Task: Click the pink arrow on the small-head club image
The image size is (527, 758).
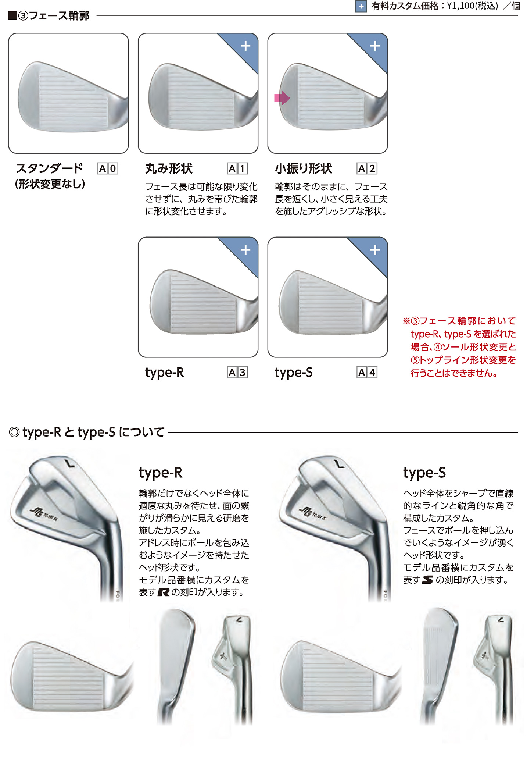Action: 282,98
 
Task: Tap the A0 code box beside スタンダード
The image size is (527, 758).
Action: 108,168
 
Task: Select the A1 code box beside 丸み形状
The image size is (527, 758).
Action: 237,168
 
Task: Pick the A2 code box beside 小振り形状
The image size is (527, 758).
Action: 367,168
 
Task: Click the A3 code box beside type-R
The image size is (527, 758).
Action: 237,373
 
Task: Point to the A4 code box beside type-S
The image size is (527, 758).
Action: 367,373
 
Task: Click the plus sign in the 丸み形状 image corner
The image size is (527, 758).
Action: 245,46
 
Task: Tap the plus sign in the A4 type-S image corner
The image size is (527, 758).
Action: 375,250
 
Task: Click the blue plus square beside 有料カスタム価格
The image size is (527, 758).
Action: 361,6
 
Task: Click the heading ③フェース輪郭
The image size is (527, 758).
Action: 54,16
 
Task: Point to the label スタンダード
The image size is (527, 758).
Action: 49,168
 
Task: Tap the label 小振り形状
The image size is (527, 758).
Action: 304,168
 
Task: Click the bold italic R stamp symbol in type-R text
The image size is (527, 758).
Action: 164,592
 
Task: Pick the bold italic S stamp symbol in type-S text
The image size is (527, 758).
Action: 428,580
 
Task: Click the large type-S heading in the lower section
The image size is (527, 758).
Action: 424,473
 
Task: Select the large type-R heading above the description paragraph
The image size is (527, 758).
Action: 161,473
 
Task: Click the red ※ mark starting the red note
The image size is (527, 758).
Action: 406,321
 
